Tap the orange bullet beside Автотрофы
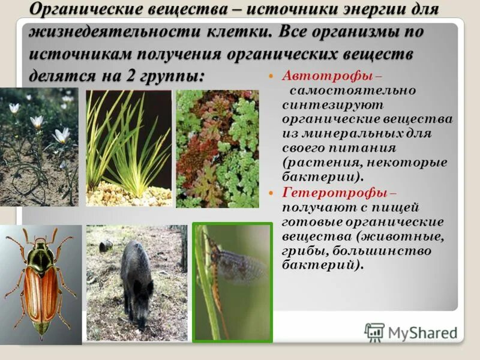pos(271,77)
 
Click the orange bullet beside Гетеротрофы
pos(271,193)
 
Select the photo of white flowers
pos(38,147)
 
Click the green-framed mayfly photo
pos(232,282)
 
